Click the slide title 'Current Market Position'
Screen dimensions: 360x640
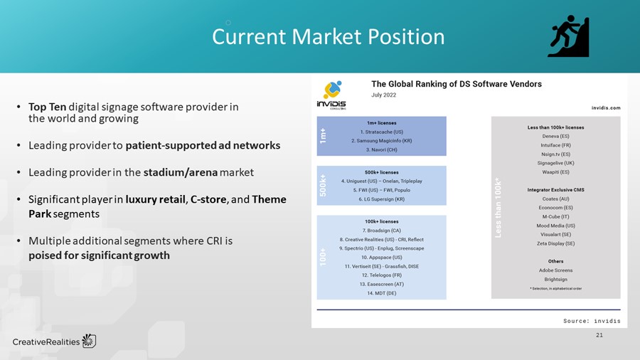pyautogui.click(x=328, y=37)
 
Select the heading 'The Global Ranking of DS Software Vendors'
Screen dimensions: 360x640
pyautogui.click(x=456, y=84)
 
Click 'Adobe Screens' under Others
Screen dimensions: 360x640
pyautogui.click(x=556, y=271)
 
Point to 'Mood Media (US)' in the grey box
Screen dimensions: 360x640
pyautogui.click(x=556, y=226)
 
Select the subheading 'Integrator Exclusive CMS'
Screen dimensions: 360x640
pyautogui.click(x=556, y=190)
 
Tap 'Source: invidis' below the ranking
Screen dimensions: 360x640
pyautogui.click(x=592, y=321)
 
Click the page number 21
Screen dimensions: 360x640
pyautogui.click(x=599, y=334)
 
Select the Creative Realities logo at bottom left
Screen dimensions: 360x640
pyautogui.click(x=54, y=342)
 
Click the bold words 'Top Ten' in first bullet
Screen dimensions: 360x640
pyautogui.click(x=48, y=107)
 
